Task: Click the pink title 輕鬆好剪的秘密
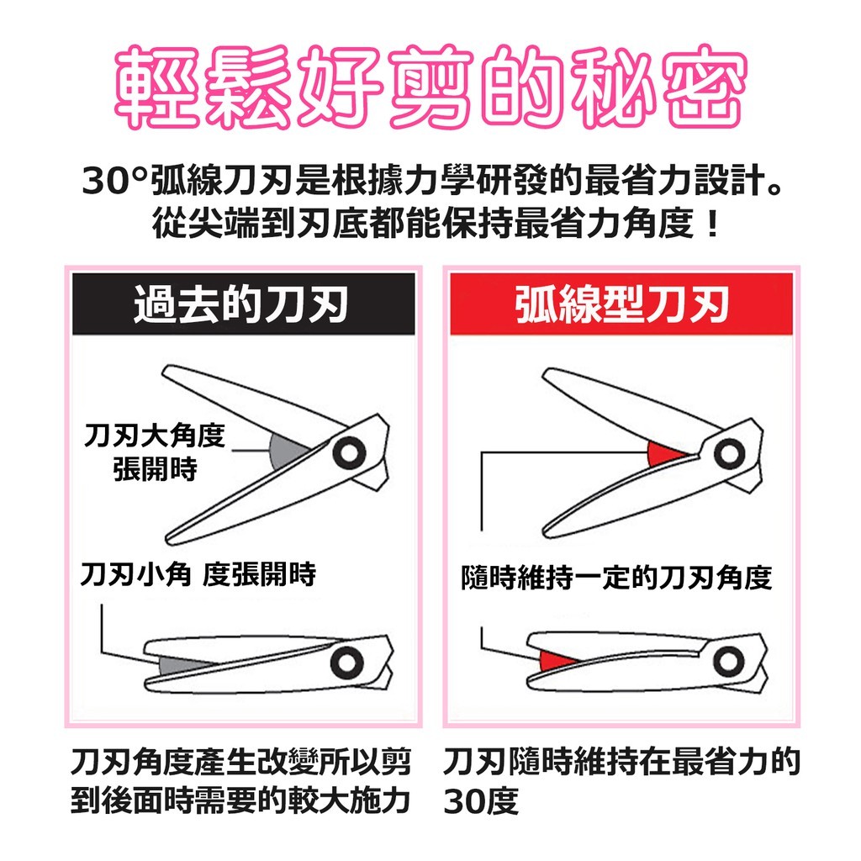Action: pyautogui.click(x=430, y=87)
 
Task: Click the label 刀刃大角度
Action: pyautogui.click(x=155, y=436)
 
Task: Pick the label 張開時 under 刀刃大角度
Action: pyautogui.click(x=155, y=469)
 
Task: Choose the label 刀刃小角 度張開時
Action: pyautogui.click(x=198, y=574)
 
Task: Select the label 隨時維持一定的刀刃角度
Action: pyautogui.click(x=616, y=578)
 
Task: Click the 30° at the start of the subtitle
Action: pyautogui.click(x=114, y=181)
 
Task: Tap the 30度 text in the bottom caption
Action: pyautogui.click(x=481, y=802)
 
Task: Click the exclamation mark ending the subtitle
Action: pyautogui.click(x=712, y=224)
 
